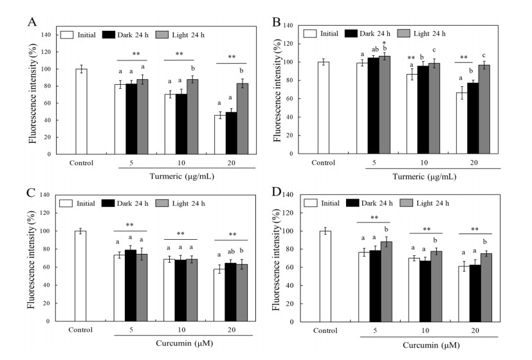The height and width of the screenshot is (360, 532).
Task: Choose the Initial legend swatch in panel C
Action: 66,204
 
